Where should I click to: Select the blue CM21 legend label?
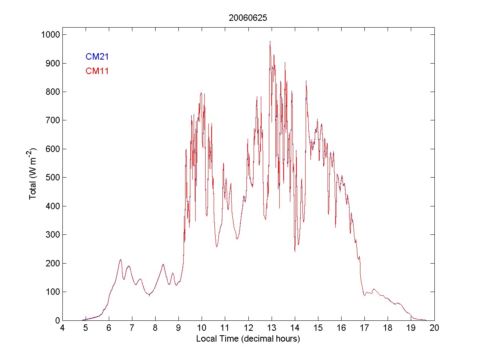click(97, 57)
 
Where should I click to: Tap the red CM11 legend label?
click(97, 71)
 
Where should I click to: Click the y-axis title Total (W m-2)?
click(33, 174)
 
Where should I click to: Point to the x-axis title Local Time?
click(248, 339)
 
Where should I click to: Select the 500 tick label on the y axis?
click(52, 178)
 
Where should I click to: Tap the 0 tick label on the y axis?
click(57, 320)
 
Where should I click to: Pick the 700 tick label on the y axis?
click(52, 120)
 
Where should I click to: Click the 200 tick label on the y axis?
click(52, 263)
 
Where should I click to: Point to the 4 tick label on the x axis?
click(62, 328)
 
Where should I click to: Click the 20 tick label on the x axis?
click(434, 328)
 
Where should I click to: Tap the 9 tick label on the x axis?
click(179, 328)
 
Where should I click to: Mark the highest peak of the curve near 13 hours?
click(270, 41)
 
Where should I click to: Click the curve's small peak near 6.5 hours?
click(120, 260)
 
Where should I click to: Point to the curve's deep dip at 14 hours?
click(295, 251)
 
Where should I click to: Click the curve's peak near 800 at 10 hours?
click(201, 93)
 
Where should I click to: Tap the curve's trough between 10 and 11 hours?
click(217, 247)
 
